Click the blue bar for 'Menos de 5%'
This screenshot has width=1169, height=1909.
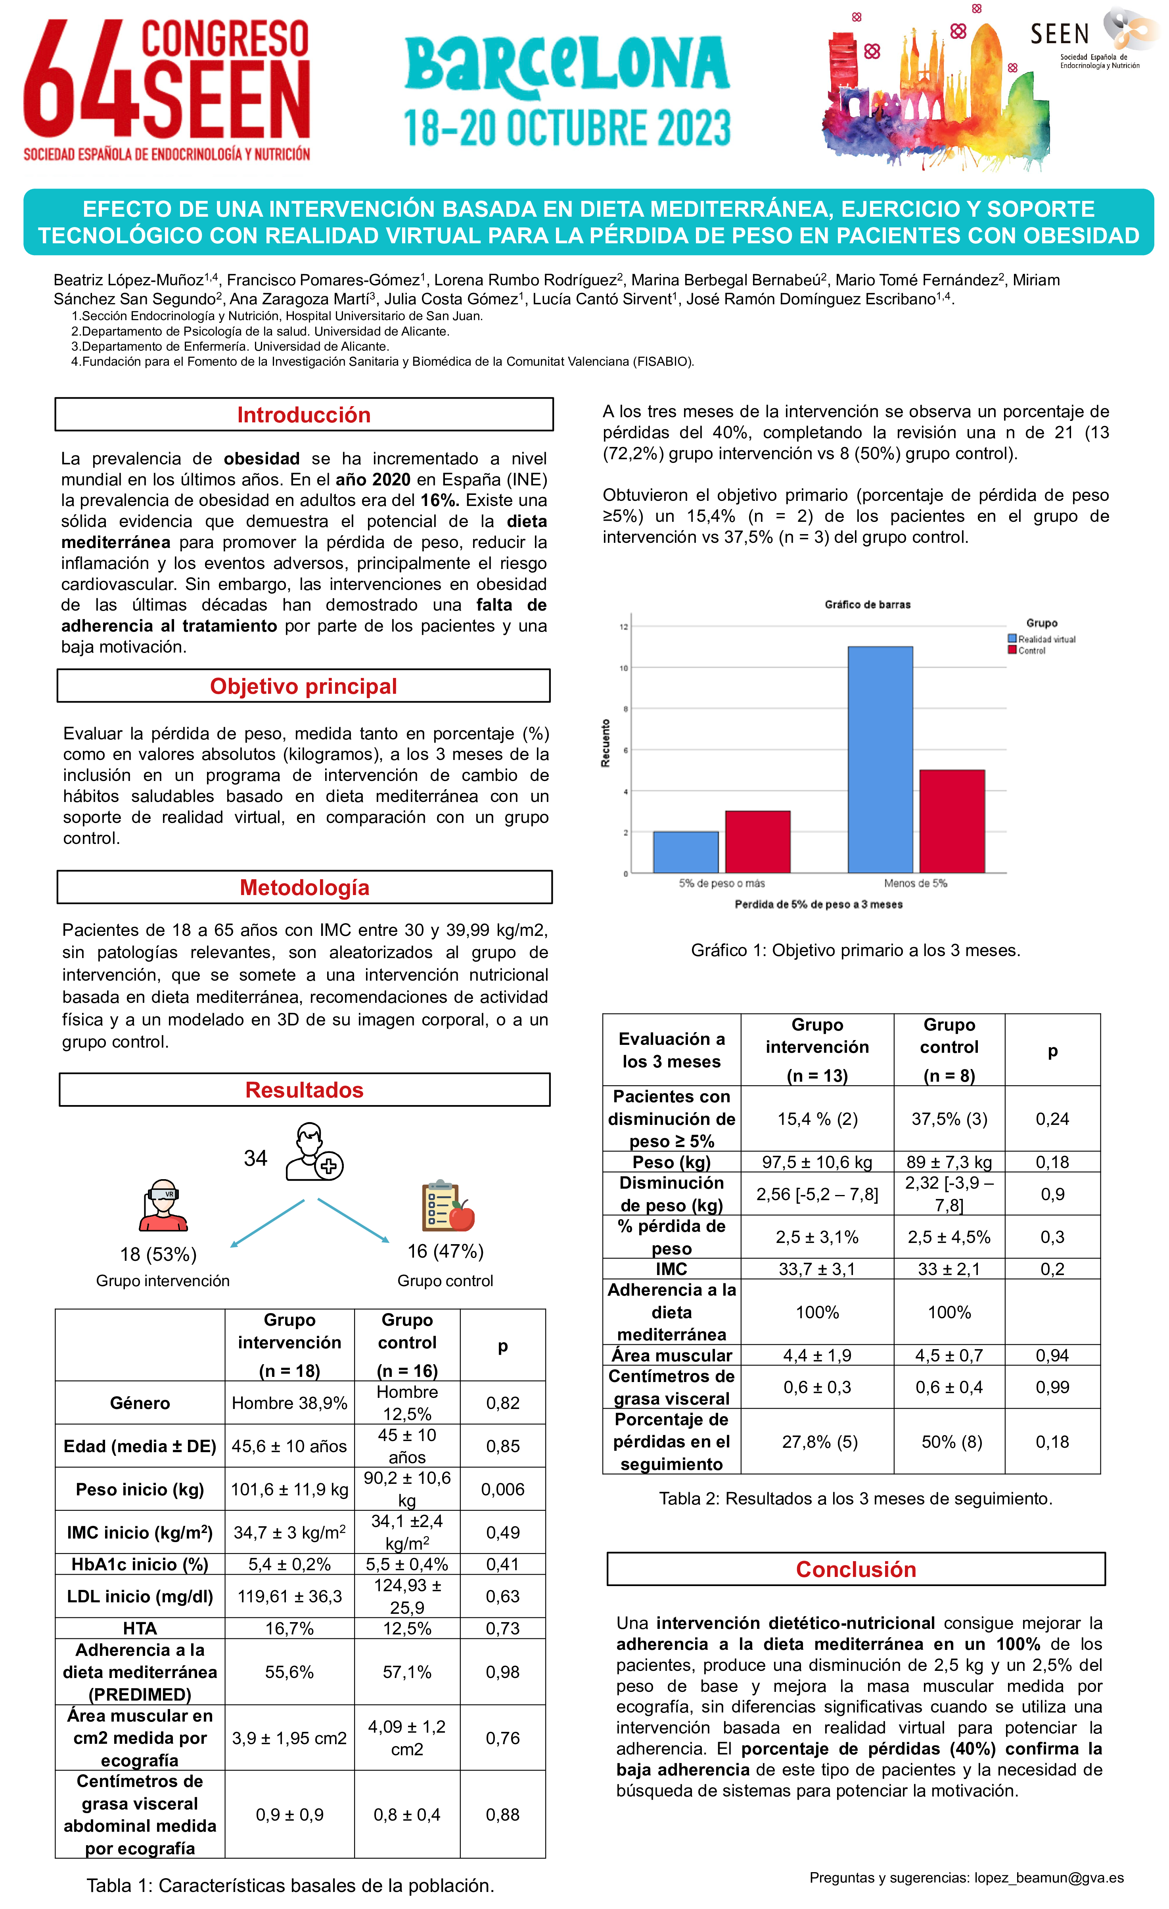(880, 759)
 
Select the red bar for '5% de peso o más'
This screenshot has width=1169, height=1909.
(757, 842)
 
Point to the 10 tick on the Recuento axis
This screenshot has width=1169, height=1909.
(623, 668)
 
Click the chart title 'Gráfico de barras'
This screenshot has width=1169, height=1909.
(868, 604)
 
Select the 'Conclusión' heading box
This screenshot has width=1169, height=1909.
(856, 1569)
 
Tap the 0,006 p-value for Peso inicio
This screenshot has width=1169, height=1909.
(502, 1489)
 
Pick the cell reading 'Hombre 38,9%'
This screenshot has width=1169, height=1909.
(289, 1403)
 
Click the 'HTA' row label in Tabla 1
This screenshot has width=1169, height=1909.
(140, 1628)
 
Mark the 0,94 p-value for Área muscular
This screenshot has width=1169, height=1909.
(1052, 1355)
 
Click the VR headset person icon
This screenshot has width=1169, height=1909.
(163, 1206)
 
